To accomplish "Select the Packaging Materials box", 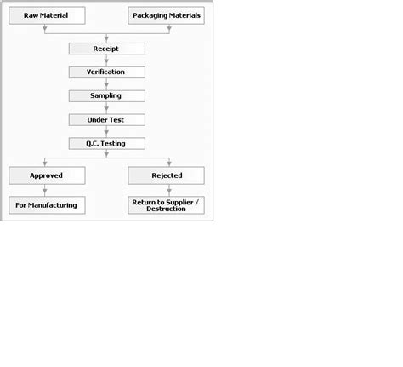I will click(x=167, y=15).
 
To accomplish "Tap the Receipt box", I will click(x=106, y=49).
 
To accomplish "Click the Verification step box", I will click(x=106, y=72).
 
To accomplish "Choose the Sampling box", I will click(x=106, y=96).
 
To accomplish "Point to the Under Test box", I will click(x=106, y=120).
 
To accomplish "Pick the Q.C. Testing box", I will click(x=106, y=144).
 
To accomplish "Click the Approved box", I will click(x=47, y=175).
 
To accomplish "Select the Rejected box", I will click(x=167, y=175).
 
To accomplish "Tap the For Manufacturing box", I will click(x=47, y=205).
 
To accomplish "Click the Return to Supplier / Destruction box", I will click(x=167, y=205).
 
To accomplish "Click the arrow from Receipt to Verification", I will click(x=106, y=60).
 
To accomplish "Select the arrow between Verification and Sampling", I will click(x=106, y=84).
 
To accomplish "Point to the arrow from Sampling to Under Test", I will click(x=106, y=108).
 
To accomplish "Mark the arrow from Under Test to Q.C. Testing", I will click(x=106, y=132).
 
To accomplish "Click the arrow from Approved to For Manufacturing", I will click(x=44, y=191).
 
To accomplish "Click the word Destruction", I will click(x=167, y=209).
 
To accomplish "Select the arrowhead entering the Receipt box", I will click(x=106, y=38).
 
